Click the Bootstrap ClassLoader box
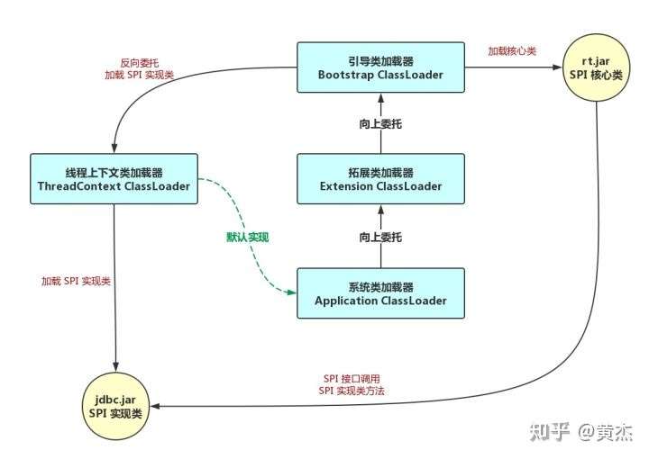380,67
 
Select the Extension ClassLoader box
380,179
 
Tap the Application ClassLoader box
380,293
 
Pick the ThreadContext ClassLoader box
114,179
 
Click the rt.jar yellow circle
596,67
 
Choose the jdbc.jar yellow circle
115,406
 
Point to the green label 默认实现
248,237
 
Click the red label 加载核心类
512,51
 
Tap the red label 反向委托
140,63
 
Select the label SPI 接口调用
352,378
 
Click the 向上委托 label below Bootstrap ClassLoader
380,123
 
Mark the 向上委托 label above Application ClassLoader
380,237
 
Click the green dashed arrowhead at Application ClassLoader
292,292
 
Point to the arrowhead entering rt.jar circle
558,67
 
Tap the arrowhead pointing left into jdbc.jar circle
155,406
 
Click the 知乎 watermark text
550,432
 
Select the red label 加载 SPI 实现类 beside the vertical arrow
76,282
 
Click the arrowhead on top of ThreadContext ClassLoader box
114,148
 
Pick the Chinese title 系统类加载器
380,287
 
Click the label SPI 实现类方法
352,391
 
